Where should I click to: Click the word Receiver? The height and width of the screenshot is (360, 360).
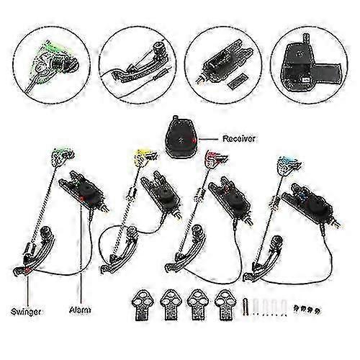point(238,139)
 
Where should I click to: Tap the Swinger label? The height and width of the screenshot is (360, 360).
point(26,312)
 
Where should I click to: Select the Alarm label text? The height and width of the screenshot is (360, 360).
point(80,310)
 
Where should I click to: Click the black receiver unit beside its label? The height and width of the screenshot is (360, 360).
point(181,138)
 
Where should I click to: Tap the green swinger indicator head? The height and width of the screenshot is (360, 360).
point(63,156)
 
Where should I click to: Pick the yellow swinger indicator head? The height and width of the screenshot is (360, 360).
point(145,157)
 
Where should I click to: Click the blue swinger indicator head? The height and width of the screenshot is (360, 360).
point(289,165)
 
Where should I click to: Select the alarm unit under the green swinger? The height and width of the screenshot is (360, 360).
point(83,191)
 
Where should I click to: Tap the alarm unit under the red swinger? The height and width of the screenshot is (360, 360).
point(230,200)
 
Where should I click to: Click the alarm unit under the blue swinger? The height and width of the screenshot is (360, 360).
point(311,204)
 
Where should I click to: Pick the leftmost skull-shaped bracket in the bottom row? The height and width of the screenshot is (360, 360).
point(141,305)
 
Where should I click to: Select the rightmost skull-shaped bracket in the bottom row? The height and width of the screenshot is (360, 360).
point(225,305)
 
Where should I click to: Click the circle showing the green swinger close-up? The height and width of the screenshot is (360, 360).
point(51,65)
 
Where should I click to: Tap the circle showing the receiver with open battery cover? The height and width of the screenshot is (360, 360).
point(309,65)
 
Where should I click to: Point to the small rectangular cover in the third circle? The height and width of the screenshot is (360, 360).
point(238,81)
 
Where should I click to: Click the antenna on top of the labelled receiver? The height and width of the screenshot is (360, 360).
point(176,118)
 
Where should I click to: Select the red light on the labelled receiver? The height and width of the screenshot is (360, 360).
point(194,140)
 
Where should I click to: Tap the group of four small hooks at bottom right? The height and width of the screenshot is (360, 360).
point(307,310)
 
